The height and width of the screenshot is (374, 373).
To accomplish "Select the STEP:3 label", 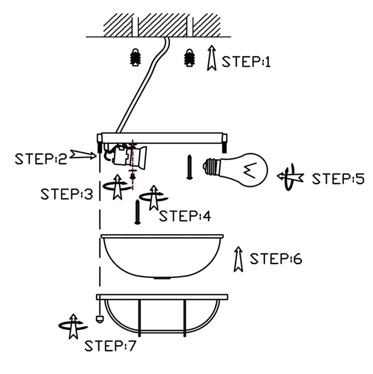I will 67,194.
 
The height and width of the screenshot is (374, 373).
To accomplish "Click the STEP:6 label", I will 276,259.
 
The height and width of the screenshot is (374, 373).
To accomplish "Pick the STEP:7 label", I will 110,345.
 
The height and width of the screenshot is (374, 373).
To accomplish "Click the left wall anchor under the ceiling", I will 136,58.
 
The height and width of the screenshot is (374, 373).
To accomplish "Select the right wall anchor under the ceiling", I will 190,58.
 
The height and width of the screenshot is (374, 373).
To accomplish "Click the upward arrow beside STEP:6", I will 238,259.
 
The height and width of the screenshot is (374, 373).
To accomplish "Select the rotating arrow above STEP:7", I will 73,326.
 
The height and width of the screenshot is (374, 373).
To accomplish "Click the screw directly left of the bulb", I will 190,167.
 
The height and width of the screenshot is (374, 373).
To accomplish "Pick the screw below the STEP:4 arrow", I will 138,212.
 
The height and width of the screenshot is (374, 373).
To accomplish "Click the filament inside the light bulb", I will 250,171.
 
